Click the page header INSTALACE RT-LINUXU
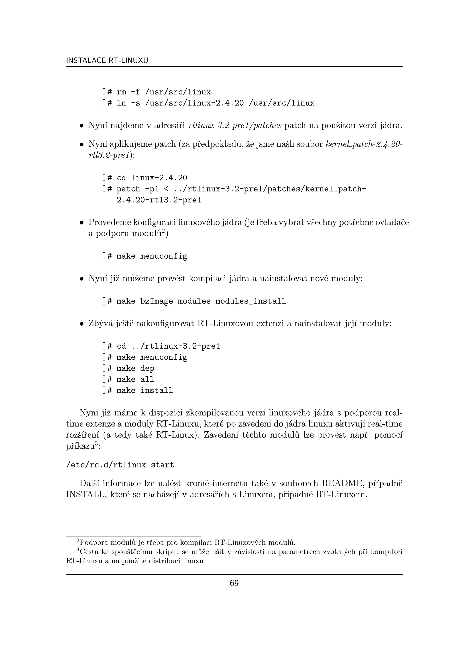coord(107,60)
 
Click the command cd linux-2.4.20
coord(152,178)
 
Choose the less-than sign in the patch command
coord(166,189)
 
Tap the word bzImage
coord(156,301)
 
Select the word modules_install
coord(250,301)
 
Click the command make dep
coord(135,368)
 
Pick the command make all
coord(135,380)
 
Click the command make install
coord(145,390)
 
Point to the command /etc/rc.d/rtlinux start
coord(120,465)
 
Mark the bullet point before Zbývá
coord(81,324)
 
